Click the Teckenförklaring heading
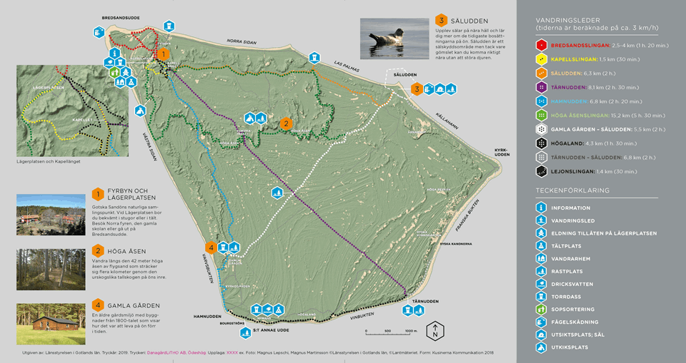click(572, 191)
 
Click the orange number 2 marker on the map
click(286, 123)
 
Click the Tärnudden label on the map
click(425, 302)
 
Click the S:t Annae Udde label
click(271, 330)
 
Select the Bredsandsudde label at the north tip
click(120, 17)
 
